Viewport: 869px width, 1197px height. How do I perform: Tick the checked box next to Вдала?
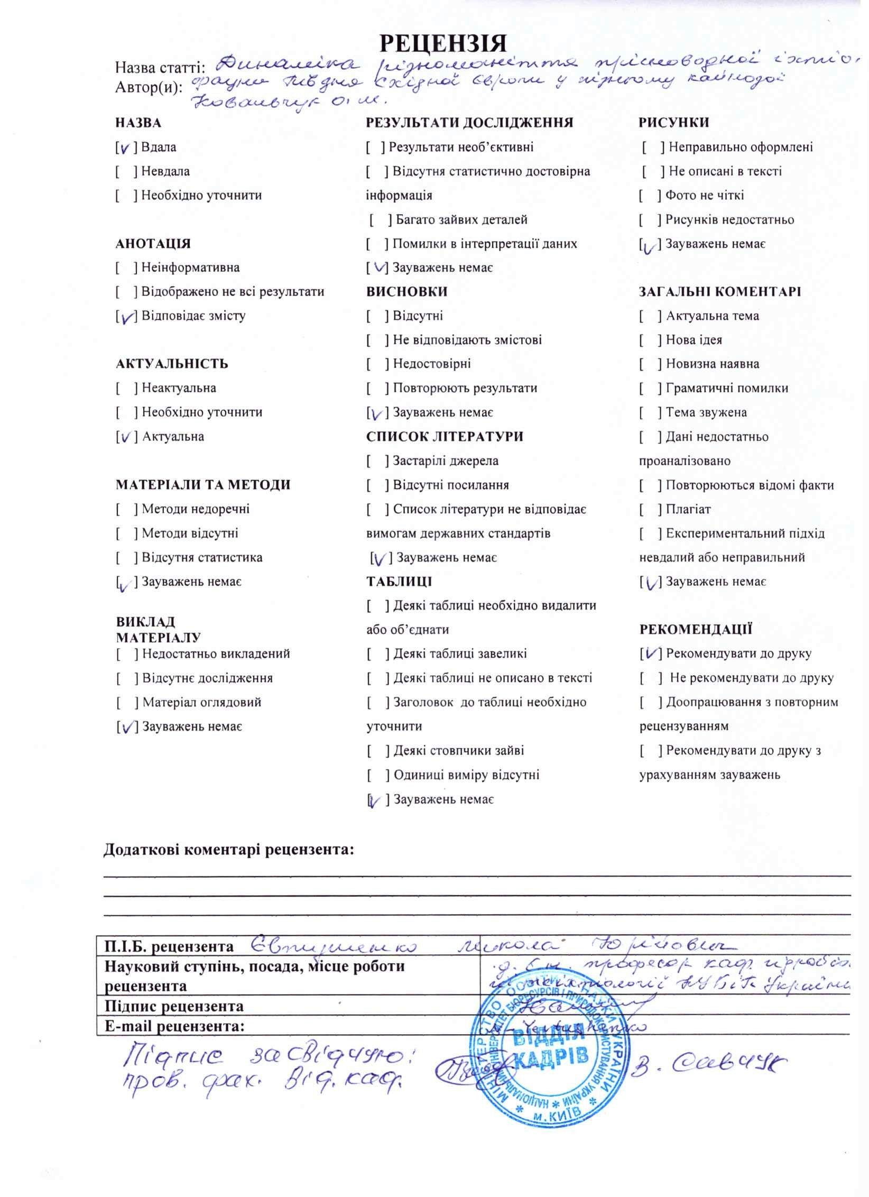point(125,148)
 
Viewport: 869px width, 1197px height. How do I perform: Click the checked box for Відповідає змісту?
point(126,316)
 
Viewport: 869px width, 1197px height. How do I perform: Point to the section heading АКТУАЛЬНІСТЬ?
point(172,364)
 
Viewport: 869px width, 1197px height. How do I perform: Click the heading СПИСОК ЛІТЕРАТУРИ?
point(445,437)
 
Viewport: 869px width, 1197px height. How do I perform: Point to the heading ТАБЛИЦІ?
point(399,582)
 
